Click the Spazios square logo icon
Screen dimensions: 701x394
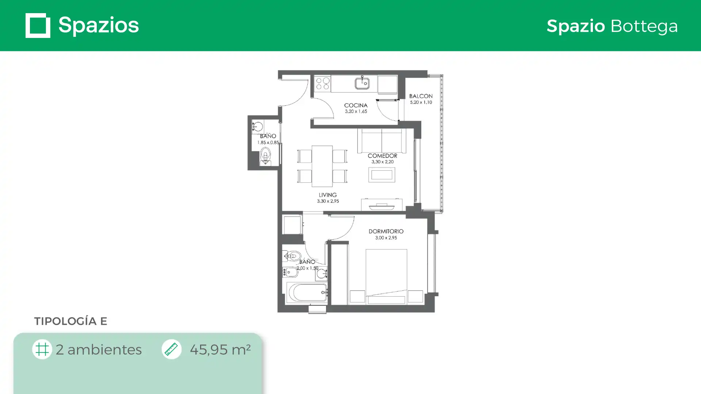[x=38, y=26]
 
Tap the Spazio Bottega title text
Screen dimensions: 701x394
[x=612, y=26]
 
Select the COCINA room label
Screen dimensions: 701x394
[x=356, y=105]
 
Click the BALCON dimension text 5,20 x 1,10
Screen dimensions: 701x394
[x=421, y=103]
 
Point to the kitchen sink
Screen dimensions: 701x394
[x=362, y=84]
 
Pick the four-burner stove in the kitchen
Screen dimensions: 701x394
[x=322, y=83]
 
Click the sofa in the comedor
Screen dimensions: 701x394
[x=382, y=140]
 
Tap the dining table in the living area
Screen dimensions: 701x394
[x=322, y=166]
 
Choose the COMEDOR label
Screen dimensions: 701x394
[x=382, y=156]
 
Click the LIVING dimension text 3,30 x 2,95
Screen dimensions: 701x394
[x=328, y=201]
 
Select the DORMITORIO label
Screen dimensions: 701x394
[x=386, y=231]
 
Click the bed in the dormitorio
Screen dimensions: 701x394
[x=386, y=277]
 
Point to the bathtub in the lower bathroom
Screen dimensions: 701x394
[x=307, y=293]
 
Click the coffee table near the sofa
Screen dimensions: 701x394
[x=382, y=175]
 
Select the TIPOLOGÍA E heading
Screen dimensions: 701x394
[x=70, y=321]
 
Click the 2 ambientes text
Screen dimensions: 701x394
[x=99, y=349]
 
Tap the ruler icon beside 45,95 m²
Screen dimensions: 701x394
[x=171, y=349]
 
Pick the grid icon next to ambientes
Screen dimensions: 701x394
[x=42, y=349]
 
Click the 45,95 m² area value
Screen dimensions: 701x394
[x=220, y=349]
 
